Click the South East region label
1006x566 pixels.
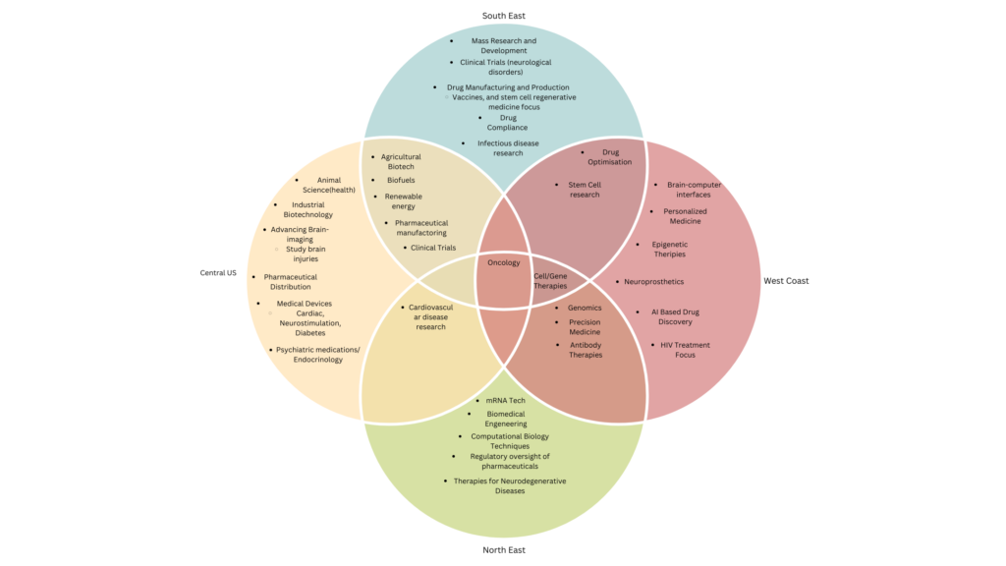point(503,16)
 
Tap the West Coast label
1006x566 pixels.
point(786,281)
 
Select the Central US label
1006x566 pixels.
point(218,272)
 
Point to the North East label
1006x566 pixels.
point(503,550)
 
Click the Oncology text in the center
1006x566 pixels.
point(503,263)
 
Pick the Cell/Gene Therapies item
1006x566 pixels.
point(550,281)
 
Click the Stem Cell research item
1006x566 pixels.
point(585,190)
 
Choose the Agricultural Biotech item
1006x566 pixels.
point(401,162)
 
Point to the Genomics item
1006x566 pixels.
point(585,308)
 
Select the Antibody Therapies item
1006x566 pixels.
point(586,350)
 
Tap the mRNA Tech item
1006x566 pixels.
point(505,401)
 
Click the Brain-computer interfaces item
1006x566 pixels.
point(695,190)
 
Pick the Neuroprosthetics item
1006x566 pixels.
point(653,282)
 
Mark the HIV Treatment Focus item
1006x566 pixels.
point(685,350)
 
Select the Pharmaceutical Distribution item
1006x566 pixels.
point(291,282)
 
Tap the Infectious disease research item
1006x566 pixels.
point(508,148)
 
